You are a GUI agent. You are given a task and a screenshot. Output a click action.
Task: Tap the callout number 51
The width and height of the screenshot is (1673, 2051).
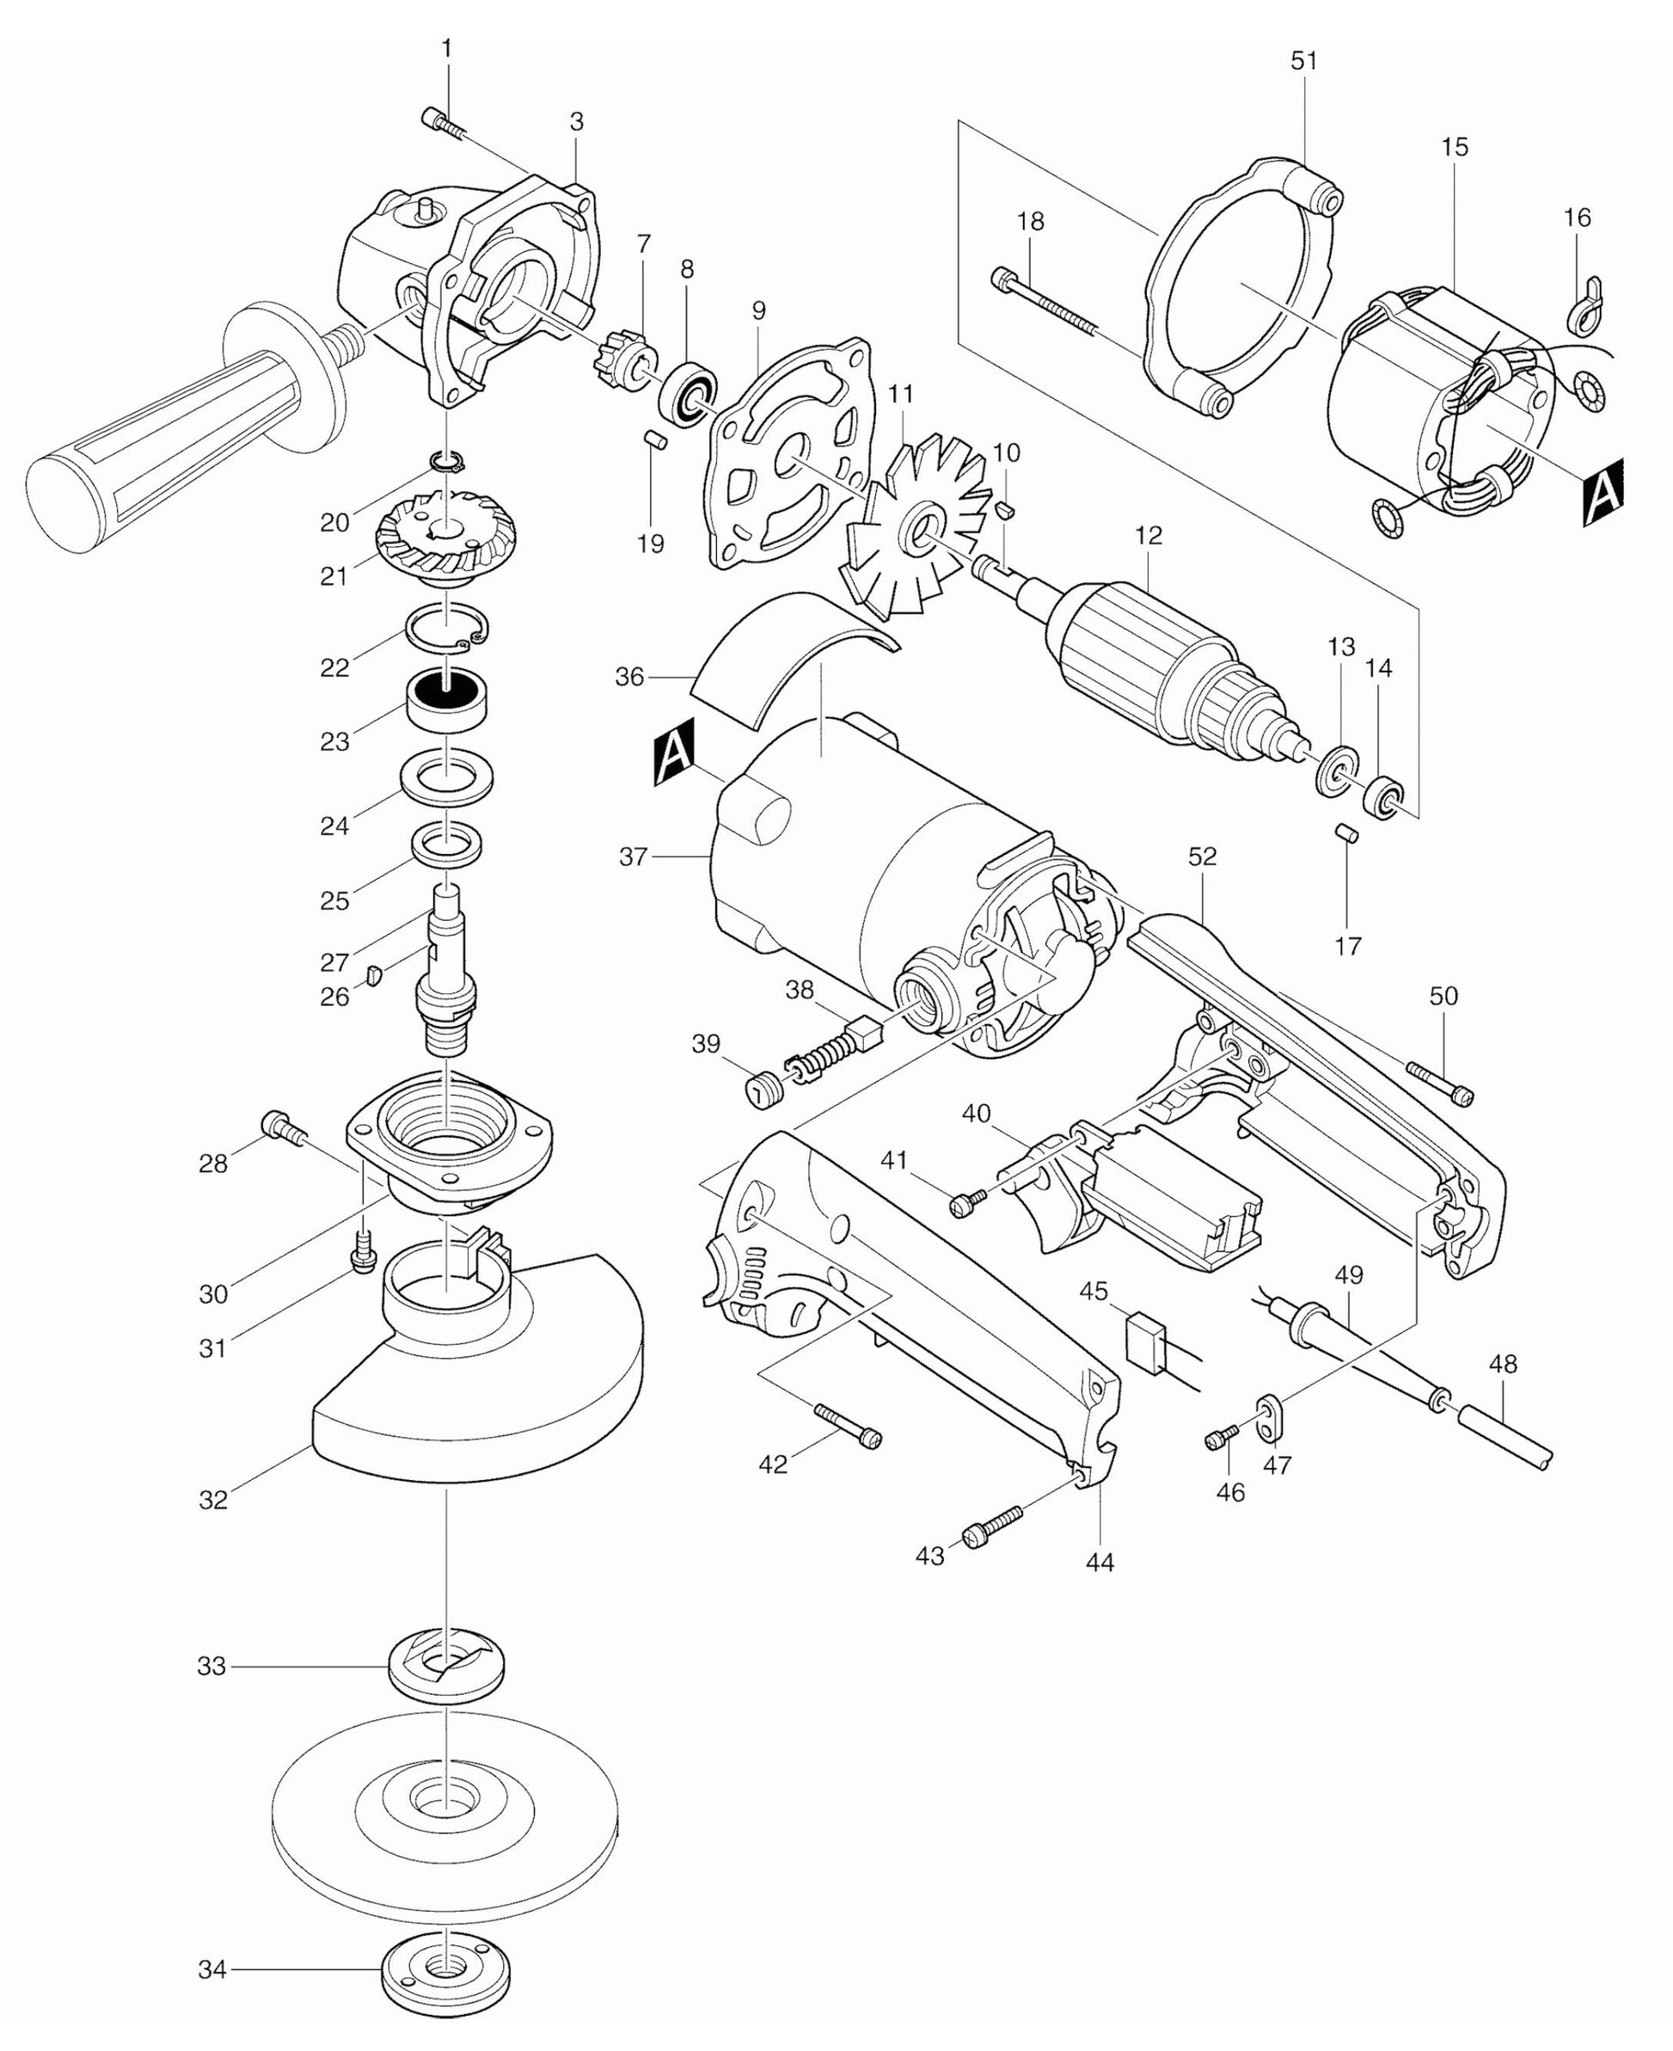tap(1303, 61)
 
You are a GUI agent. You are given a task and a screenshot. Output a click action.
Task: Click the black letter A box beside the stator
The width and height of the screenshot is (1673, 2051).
tap(1602, 494)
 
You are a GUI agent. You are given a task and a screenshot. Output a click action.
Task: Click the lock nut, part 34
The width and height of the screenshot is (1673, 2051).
tap(446, 1970)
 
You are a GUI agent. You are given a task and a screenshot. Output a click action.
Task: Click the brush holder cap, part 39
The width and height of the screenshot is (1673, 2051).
tap(764, 1092)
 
